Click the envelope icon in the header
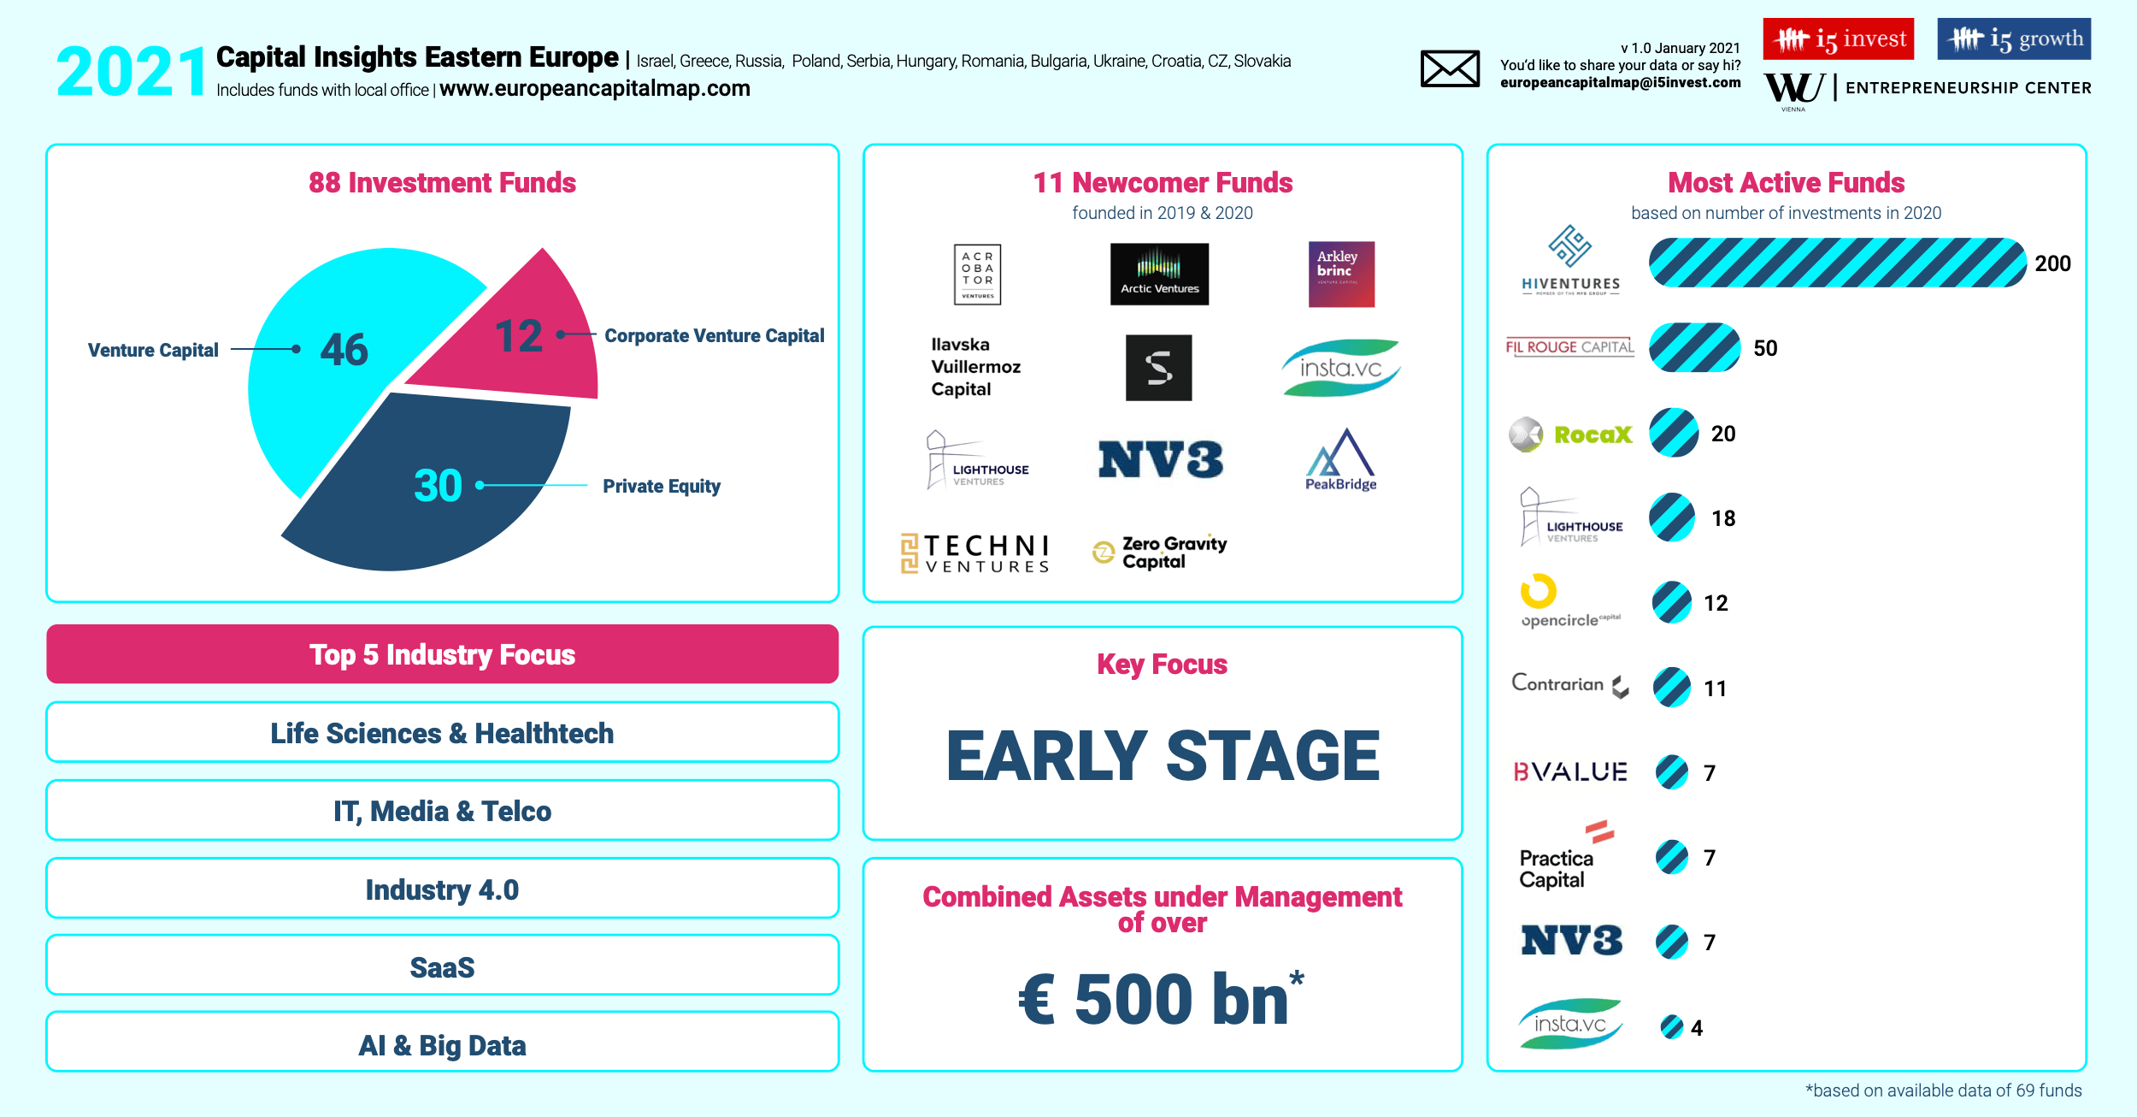click(x=1450, y=68)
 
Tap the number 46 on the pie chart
click(x=344, y=349)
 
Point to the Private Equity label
click(x=662, y=486)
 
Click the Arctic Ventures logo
click(x=1159, y=274)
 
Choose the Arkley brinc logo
click(x=1341, y=274)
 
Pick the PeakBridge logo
click(x=1340, y=460)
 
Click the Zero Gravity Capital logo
click(x=1159, y=553)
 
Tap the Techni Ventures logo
click(x=974, y=553)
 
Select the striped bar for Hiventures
click(x=1838, y=263)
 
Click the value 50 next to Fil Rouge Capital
click(x=1765, y=348)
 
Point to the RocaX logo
click(x=1570, y=434)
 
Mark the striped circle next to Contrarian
click(x=1672, y=688)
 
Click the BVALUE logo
click(x=1570, y=772)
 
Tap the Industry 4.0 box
click(x=443, y=889)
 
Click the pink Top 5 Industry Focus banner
click(x=443, y=654)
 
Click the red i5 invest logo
click(x=1839, y=39)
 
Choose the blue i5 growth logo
click(x=2014, y=39)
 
